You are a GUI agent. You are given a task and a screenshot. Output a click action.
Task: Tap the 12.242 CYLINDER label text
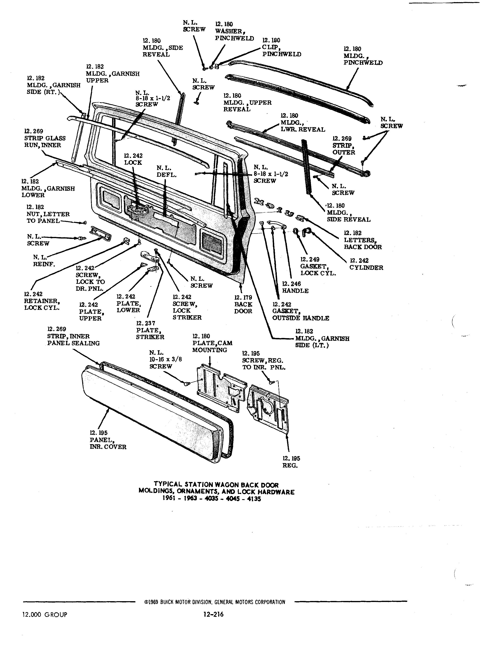coord(366,264)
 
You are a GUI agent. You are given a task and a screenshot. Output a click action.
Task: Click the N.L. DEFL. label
coord(167,171)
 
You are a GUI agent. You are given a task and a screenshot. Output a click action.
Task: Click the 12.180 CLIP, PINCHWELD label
coord(281,47)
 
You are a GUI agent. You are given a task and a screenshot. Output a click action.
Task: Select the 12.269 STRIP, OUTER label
coord(343,145)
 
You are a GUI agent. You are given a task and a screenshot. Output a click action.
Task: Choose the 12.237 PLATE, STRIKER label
coord(150,330)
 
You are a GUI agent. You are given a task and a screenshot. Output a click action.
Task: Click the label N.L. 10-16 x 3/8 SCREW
coord(165,359)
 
